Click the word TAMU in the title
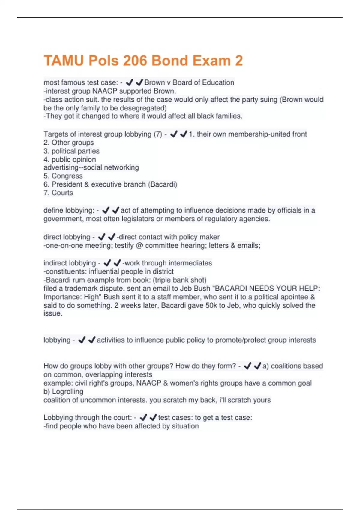coord(64,61)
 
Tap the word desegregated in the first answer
coord(144,108)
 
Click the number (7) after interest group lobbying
coord(158,134)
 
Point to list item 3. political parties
coord(71,151)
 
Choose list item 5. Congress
coord(63,176)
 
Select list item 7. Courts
coord(58,193)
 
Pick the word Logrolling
coord(67,391)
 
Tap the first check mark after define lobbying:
coord(106,211)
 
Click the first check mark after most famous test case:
coord(129,82)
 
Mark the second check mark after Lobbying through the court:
coord(153,418)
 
